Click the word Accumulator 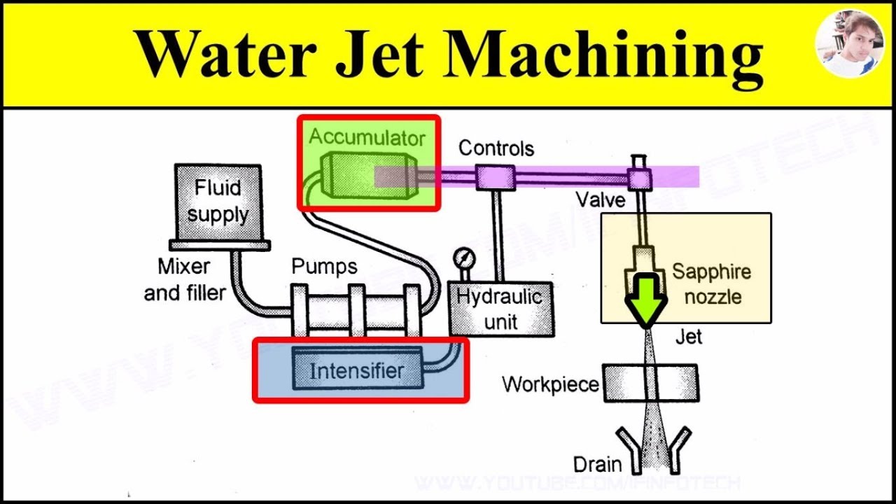coord(367,136)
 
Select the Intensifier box coord(357,370)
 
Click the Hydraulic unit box coord(500,308)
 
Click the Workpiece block coord(650,382)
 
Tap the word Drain coord(597,463)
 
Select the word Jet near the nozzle coord(688,337)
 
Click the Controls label coord(496,148)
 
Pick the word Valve coord(601,200)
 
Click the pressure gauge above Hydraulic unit coord(461,258)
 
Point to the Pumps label coord(324,267)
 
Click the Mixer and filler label coord(185,279)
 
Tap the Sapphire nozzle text coord(711,283)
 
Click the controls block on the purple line coord(495,177)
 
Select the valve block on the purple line coord(639,178)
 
